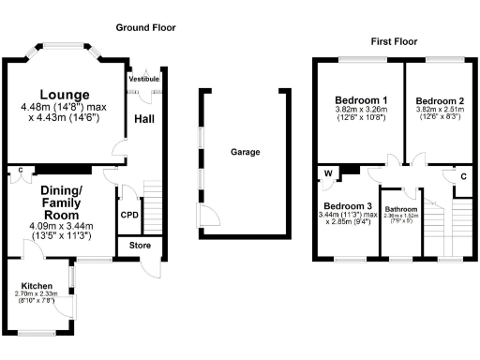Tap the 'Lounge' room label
coord(65,95)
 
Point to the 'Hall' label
coord(144,119)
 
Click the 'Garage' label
coord(246,152)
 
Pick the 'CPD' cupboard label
coord(129,215)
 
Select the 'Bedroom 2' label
coord(439,101)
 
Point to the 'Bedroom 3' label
coord(348,206)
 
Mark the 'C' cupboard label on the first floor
coord(463,175)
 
